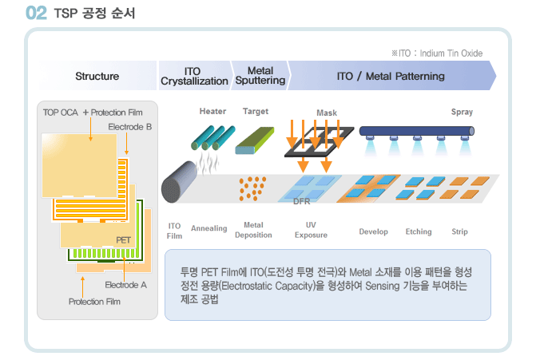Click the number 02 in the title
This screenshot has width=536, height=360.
tap(36, 13)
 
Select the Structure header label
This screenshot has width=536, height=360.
tap(97, 76)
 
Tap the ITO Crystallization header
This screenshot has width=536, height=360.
tap(194, 76)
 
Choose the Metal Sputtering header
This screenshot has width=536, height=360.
tap(260, 76)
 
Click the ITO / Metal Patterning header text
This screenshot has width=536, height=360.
tap(391, 76)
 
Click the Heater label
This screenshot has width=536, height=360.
tap(212, 111)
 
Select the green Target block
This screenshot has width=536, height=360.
tap(255, 140)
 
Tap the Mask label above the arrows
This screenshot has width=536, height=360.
tap(327, 113)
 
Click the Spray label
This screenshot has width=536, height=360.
tap(462, 112)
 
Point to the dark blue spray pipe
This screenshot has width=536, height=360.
tap(417, 131)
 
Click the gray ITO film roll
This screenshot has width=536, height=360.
tap(179, 182)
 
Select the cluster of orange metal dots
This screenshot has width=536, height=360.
tap(252, 188)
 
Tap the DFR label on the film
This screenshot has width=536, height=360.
tap(301, 201)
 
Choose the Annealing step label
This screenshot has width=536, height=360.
tap(208, 228)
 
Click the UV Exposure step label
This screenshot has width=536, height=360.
tap(311, 230)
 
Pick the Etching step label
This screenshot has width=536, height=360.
tap(419, 231)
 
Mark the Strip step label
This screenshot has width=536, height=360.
tap(459, 231)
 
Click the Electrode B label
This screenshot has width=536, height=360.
tap(130, 127)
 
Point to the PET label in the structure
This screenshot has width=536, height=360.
tap(123, 240)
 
